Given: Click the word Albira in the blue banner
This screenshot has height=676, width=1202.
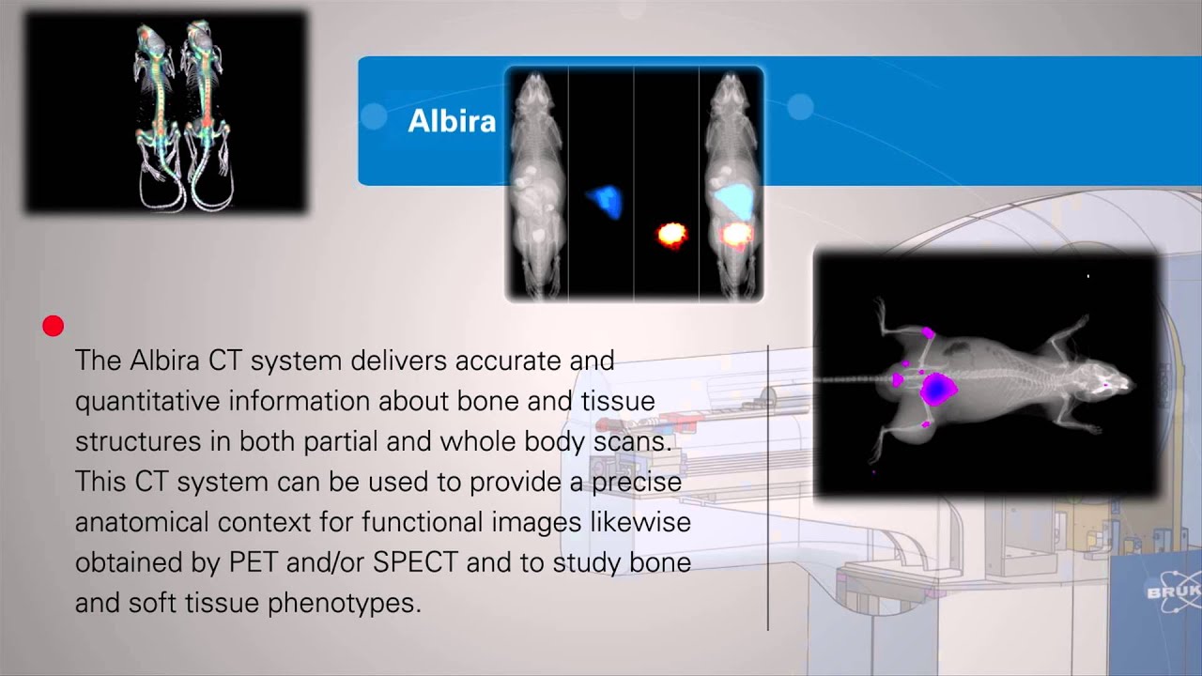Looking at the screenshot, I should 452,121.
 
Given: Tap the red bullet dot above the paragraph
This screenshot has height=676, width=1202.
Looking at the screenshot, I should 54,326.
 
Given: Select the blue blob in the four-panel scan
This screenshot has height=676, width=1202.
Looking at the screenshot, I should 605,201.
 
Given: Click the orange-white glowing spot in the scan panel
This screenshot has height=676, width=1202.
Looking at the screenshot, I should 670,234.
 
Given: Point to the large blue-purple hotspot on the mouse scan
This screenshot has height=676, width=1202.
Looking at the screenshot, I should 936,389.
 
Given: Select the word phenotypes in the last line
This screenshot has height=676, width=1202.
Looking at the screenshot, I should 344,603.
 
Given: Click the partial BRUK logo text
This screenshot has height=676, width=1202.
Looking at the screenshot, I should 1173,592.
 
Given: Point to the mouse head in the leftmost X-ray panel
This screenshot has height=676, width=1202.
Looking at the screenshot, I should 536,90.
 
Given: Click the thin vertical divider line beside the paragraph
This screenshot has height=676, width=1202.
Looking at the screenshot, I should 768,488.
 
